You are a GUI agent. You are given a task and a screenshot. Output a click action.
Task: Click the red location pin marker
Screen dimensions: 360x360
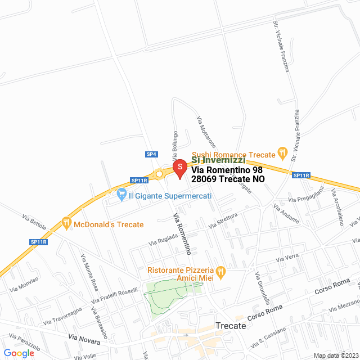point(179,168)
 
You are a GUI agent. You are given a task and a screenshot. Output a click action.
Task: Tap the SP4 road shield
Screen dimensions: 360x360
point(151,154)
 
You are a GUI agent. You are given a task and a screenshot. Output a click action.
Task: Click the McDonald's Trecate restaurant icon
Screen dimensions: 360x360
point(66,223)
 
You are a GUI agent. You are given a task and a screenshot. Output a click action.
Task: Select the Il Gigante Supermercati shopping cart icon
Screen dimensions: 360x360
point(121,196)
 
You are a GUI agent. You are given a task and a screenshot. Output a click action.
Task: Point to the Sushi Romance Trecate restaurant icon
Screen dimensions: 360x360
point(283,154)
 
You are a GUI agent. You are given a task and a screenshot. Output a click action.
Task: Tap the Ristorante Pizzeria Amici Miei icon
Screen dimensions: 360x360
point(220,272)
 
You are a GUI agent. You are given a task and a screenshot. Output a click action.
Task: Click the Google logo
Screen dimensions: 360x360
point(19,353)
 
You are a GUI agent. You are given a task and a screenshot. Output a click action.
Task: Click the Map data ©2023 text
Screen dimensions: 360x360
point(335,355)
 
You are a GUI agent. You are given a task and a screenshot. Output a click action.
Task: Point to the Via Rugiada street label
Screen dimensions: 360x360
point(163,240)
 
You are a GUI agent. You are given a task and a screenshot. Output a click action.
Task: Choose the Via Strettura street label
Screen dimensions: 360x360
point(223,219)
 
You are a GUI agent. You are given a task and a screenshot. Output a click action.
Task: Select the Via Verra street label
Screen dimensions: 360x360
point(287,258)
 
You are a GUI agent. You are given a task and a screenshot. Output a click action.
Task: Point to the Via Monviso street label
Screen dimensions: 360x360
point(23,284)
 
